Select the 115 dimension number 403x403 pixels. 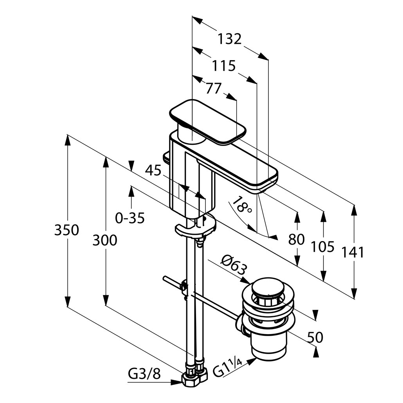pos(224,65)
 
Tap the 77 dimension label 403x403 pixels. pos(214,88)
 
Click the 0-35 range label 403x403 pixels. pos(130,218)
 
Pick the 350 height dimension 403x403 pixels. pos(67,230)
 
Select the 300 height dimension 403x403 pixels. pos(104,240)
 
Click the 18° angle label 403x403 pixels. pos(242,205)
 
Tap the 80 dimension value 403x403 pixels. pos(296,239)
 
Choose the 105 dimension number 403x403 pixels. pos(323,246)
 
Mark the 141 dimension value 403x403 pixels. pos(353,252)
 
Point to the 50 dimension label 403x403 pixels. pos(315,337)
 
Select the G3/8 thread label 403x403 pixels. pos(144,374)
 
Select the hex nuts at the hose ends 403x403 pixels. pos(195,378)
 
